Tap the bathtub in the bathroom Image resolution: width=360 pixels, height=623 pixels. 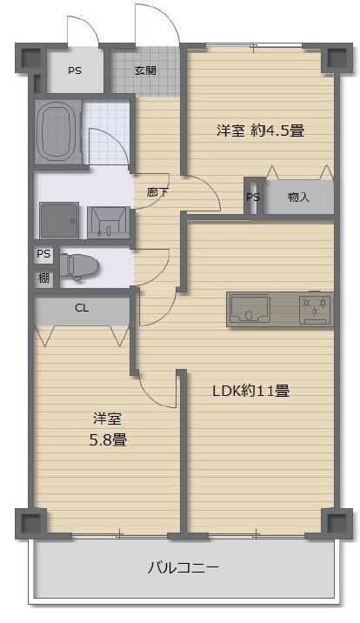57,131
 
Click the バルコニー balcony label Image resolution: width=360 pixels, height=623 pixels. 183,568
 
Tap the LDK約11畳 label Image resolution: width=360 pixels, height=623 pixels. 250,391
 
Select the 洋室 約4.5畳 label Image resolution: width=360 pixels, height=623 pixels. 260,131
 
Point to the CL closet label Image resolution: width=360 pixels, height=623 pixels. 82,307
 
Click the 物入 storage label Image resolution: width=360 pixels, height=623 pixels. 298,198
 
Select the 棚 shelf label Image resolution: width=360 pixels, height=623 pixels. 43,278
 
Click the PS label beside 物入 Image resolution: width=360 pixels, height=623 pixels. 253,198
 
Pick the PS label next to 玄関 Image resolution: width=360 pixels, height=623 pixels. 75,72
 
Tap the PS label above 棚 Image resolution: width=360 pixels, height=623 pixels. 43,255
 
